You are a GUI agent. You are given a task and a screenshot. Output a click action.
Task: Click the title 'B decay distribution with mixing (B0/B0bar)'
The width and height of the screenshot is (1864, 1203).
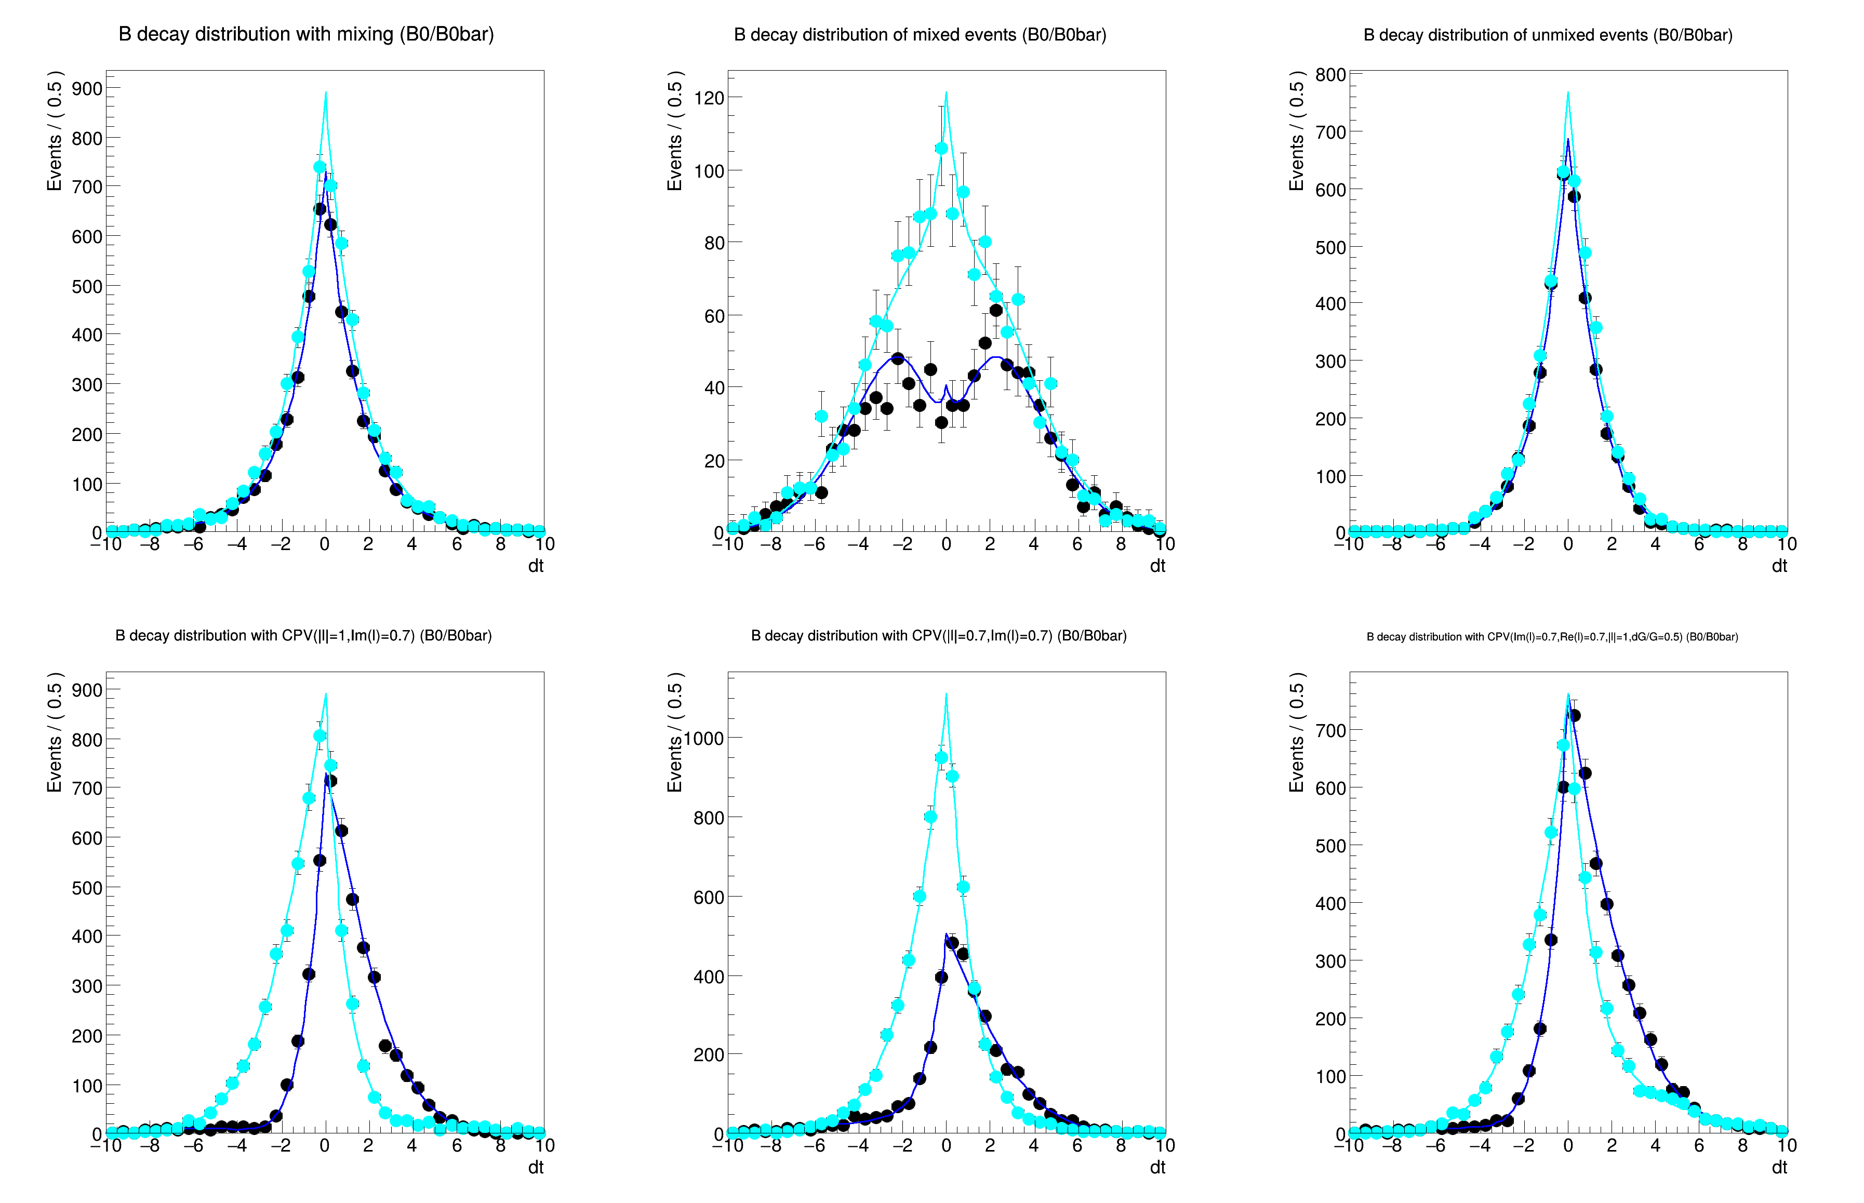coord(305,34)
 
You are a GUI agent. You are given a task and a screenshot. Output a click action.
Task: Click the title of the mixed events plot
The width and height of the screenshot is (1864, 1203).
coord(920,35)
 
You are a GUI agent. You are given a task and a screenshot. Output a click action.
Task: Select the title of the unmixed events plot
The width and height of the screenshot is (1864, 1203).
coord(1548,35)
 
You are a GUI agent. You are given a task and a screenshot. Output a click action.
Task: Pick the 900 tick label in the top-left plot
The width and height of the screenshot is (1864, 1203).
coord(87,88)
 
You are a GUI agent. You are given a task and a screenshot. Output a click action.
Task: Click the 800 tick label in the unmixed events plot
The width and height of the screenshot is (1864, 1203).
coord(1330,74)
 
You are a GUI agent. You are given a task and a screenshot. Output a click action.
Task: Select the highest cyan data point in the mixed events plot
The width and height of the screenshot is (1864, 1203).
coord(941,149)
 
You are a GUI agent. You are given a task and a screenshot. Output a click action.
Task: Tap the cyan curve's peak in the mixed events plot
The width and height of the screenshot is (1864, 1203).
coord(946,93)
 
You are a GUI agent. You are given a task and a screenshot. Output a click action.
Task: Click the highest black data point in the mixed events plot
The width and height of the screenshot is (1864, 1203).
coord(995,310)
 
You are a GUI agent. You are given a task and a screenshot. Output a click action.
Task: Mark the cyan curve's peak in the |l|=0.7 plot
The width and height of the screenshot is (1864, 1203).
coord(946,693)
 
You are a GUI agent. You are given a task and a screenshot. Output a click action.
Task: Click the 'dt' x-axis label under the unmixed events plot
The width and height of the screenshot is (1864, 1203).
coord(1779,566)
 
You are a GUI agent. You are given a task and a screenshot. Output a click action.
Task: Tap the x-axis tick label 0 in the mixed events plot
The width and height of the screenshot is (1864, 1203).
coord(946,544)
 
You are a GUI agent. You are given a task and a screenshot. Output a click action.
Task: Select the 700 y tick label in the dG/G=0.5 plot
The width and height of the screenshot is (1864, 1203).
coord(1330,730)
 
